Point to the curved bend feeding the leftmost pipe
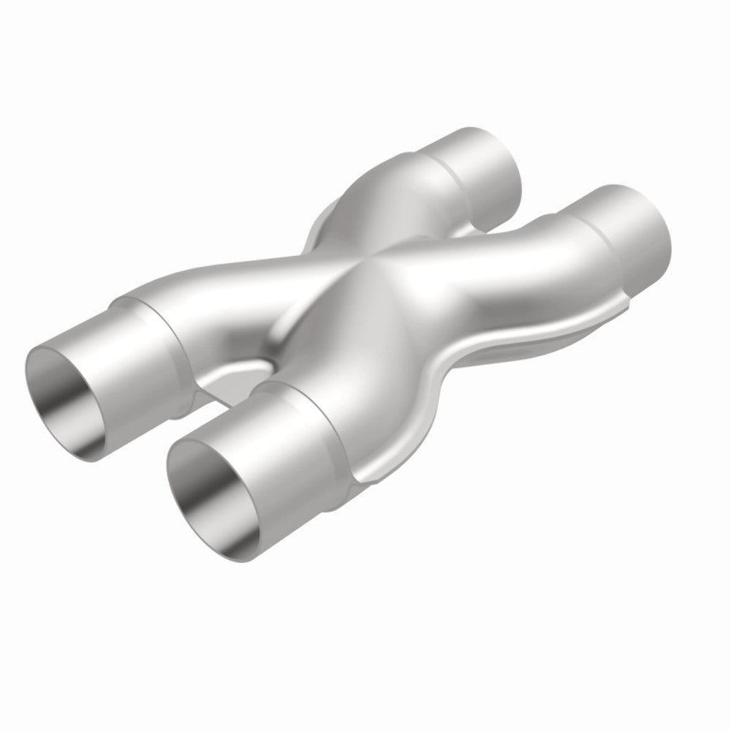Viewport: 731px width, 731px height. [219, 292]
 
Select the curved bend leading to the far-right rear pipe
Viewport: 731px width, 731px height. [512, 263]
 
